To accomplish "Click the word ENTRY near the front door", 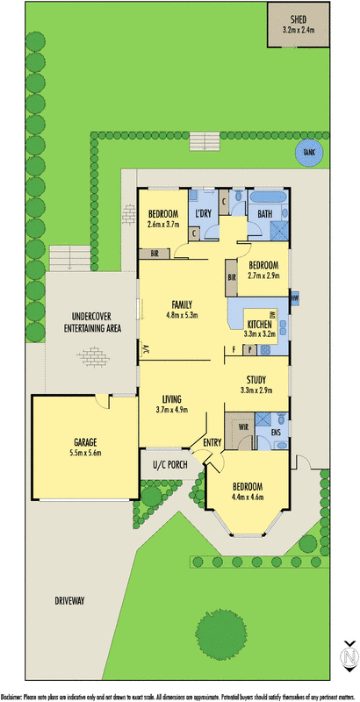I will (x=212, y=442).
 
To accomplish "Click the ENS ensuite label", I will (x=275, y=432).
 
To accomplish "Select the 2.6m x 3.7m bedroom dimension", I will (x=163, y=225).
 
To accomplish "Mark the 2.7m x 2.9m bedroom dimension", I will (x=263, y=276).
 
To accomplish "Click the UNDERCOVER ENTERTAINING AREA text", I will (x=84, y=322).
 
